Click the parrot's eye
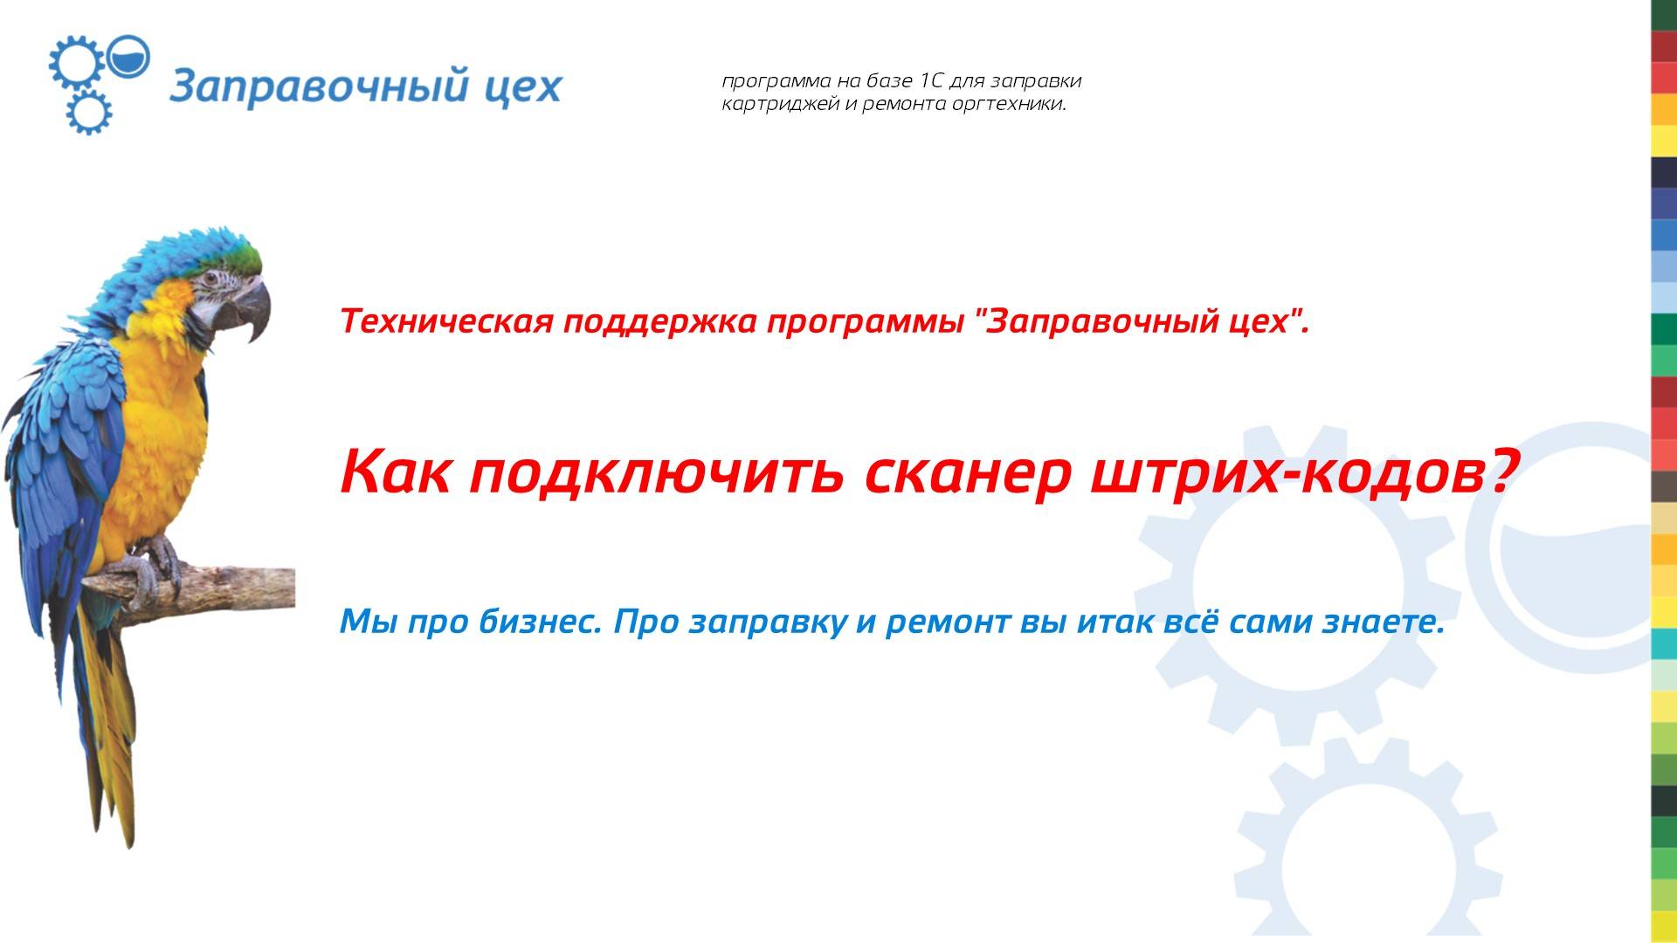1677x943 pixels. pos(211,279)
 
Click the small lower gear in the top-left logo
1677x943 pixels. pos(89,112)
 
